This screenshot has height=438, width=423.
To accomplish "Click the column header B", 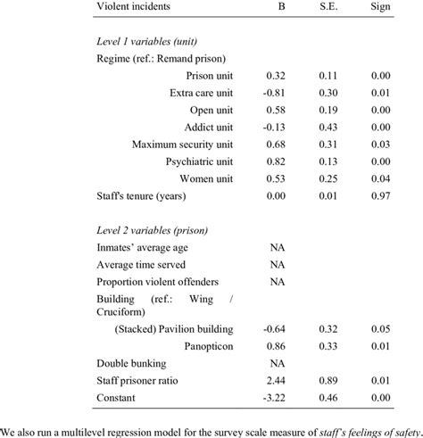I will pos(281,7).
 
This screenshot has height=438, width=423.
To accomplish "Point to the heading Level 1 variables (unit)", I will pos(150,42).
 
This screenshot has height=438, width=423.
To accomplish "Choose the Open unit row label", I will pos(211,110).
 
